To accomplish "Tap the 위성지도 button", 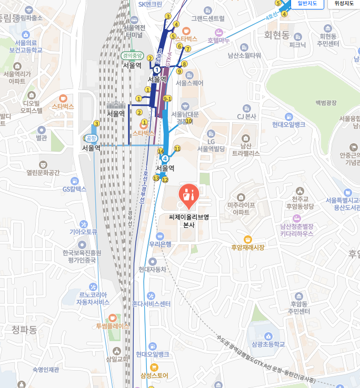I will click(x=344, y=4).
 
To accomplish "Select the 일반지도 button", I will click(x=307, y=4).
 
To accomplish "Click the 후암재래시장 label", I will click(x=247, y=247).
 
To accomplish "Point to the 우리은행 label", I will click(x=161, y=244).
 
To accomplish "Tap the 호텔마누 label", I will click(x=218, y=40).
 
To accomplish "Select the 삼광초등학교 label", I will click(x=268, y=344).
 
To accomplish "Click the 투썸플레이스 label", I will click(x=113, y=326).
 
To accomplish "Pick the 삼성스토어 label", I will click(x=154, y=375).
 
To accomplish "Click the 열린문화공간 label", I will click(x=43, y=172).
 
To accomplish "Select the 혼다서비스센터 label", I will click(x=151, y=304).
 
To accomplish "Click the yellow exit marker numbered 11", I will click(x=177, y=148).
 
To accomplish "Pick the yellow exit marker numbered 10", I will click(x=188, y=121).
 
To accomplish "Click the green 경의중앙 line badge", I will click(x=132, y=55).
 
